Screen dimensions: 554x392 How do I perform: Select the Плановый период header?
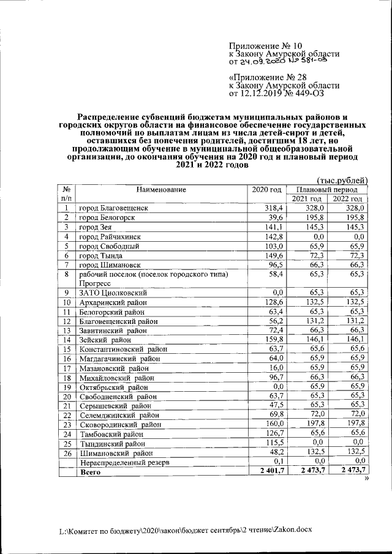point(327,190)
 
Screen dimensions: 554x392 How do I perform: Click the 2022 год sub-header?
point(347,200)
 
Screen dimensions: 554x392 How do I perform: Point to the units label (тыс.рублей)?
point(342,180)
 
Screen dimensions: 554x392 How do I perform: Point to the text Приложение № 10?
point(265,46)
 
